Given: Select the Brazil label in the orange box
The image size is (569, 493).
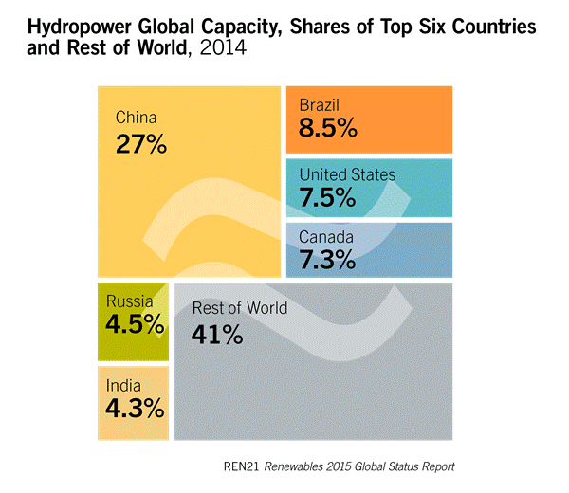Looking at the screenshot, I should [x=319, y=105].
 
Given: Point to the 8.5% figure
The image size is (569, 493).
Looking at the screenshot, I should [x=328, y=128].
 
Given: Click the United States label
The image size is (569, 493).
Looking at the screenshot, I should [x=347, y=174].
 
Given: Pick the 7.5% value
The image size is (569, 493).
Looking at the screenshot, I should [x=328, y=198].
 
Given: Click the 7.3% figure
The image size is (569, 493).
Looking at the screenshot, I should [x=328, y=259].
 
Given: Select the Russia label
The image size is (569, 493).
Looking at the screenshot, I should [x=129, y=301].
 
